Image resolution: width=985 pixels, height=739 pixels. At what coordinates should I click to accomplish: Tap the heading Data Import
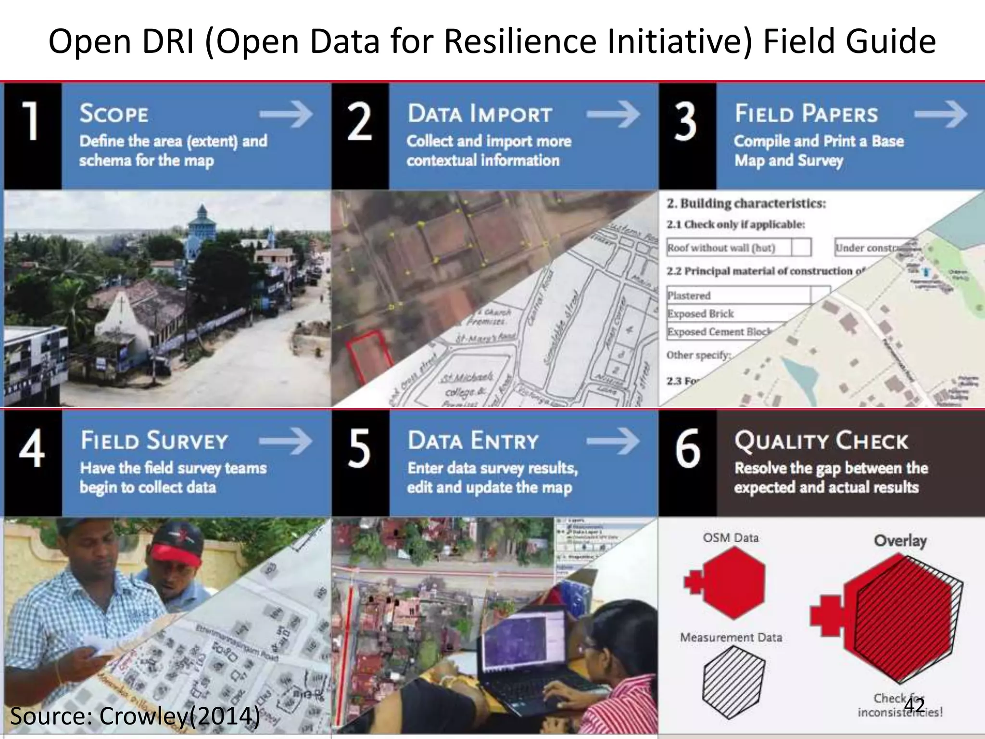480,114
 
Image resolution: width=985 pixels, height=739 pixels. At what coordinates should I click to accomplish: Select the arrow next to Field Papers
940,115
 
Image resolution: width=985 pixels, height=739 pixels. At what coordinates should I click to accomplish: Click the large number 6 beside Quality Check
687,449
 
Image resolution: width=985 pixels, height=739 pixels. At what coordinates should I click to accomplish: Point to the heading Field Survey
154,441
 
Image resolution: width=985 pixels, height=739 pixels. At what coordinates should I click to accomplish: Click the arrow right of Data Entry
613,441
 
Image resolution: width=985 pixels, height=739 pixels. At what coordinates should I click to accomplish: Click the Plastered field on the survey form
738,295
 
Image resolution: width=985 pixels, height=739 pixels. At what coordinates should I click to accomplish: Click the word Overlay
900,540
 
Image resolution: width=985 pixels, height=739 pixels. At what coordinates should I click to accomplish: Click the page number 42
914,705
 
